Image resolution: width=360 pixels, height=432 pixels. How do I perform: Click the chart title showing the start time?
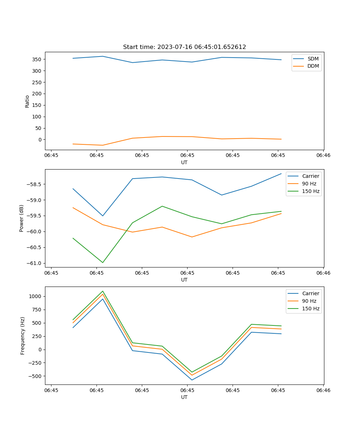pos(184,47)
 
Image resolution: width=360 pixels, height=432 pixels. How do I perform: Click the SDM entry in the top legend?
pos(313,59)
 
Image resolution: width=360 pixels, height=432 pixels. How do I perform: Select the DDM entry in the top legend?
pos(313,66)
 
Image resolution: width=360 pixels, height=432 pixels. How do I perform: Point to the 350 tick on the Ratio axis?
pos(37,59)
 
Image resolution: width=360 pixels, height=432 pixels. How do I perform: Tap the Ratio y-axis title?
pos(27,102)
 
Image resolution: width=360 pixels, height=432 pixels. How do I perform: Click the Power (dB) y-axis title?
pos(22,218)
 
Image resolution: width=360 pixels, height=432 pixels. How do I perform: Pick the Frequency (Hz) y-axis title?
pos(22,336)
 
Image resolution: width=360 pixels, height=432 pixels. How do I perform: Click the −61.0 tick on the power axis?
pos(35,263)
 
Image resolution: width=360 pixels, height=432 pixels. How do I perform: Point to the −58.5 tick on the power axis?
pos(35,184)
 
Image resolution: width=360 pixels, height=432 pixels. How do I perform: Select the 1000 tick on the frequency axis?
pos(36,296)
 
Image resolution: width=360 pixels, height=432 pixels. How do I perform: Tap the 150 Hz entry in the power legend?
pos(311,191)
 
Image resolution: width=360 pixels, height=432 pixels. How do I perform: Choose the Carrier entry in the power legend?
pos(310,176)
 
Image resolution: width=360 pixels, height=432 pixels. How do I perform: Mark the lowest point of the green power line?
pos(103,262)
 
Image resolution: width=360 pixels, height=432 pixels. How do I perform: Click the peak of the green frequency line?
pos(103,291)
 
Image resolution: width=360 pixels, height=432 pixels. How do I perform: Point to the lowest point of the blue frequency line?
pos(192,380)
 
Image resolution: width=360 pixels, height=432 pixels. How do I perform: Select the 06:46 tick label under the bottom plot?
pos(323,390)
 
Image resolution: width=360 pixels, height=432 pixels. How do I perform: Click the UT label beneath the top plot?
pos(184,162)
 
